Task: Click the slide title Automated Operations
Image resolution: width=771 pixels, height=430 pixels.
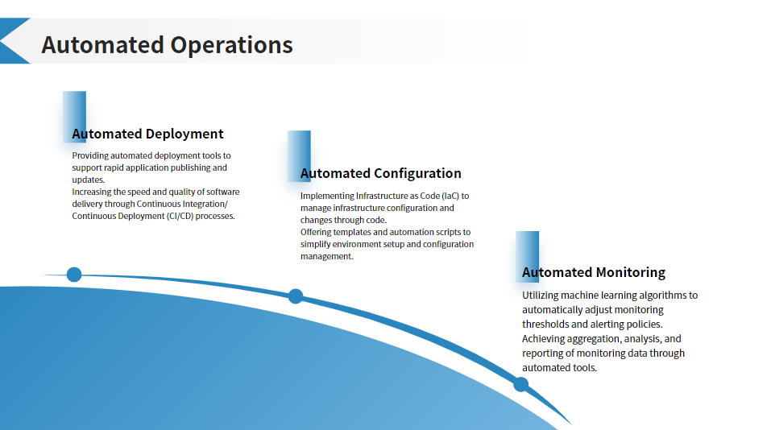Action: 168,45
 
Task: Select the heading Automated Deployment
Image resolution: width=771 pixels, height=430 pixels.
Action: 147,134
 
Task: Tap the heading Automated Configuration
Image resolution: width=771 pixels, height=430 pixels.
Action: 380,173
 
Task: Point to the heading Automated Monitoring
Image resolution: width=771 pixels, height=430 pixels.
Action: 594,272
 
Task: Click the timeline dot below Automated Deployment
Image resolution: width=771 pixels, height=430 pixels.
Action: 74,275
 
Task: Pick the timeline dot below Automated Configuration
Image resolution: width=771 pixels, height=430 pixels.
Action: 296,296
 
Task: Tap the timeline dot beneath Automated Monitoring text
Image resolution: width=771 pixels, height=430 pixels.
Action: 520,384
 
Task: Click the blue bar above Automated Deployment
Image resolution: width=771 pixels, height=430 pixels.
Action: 74,117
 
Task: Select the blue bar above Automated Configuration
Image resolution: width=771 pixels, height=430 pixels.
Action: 299,156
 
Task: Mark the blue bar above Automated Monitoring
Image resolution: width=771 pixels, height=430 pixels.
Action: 527,257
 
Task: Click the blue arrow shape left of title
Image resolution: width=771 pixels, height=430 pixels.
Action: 14,41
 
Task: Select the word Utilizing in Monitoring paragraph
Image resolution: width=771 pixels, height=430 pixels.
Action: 540,296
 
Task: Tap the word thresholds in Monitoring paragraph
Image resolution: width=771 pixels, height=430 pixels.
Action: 545,325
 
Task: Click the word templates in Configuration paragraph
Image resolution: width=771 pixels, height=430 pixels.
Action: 351,233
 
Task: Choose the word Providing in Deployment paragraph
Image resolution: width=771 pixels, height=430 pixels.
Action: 90,155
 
